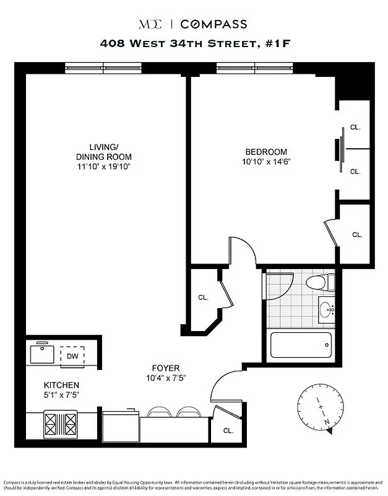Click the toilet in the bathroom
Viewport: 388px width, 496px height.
point(320,283)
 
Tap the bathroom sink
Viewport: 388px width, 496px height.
point(326,308)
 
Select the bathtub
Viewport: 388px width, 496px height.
point(301,346)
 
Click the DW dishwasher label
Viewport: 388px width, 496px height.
point(72,356)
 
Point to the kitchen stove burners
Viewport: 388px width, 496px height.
point(61,426)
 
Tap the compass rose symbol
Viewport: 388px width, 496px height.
point(321,407)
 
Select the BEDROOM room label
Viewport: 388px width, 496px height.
point(266,152)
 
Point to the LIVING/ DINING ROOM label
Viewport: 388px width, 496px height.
point(103,152)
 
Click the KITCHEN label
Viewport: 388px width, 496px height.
point(61,385)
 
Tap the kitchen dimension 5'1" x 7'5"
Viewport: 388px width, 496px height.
point(61,394)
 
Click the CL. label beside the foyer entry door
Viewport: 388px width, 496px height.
point(228,430)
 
